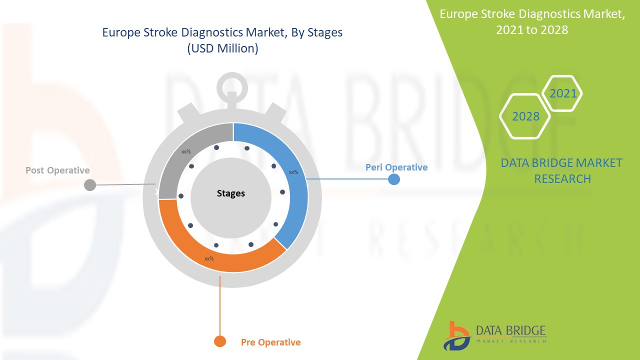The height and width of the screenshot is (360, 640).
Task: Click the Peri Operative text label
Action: tap(396, 167)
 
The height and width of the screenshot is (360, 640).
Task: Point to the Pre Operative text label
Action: tap(271, 342)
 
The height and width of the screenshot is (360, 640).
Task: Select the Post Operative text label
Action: tap(57, 170)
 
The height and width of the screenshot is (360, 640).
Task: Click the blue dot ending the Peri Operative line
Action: tap(394, 179)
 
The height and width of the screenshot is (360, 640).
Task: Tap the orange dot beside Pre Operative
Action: tap(220, 341)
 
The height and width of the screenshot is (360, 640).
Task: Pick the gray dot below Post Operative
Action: tap(89, 185)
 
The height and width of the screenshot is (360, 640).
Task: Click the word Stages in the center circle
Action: tap(231, 193)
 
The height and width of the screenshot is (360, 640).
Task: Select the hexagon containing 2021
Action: tap(562, 93)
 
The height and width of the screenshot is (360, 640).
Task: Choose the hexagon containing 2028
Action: tap(525, 116)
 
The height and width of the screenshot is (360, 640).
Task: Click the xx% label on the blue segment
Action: tap(293, 172)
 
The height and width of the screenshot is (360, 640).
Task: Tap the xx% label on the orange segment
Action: tap(209, 258)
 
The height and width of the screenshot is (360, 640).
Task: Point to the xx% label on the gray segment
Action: tap(186, 151)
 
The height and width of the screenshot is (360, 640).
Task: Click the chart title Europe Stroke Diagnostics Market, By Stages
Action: tap(222, 33)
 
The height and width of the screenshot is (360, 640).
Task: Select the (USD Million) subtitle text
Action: tap(222, 49)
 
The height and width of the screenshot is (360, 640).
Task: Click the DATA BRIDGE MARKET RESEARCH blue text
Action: tap(561, 170)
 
